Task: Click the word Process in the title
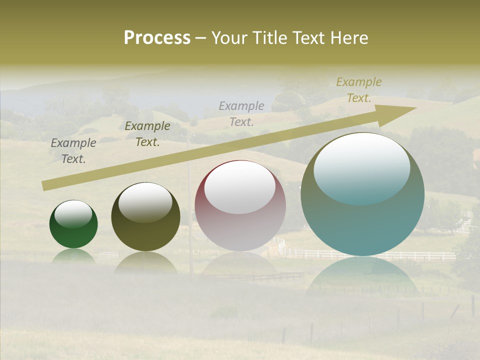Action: tap(157, 38)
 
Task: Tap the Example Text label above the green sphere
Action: tap(73, 151)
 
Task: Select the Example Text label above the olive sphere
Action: tap(147, 134)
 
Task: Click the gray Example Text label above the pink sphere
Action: tap(241, 113)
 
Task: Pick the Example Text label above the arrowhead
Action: tap(359, 90)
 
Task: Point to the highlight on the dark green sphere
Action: tap(73, 213)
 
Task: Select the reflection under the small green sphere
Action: tap(73, 255)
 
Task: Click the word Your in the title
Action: tap(229, 38)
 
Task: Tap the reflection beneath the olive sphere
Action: tap(145, 262)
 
